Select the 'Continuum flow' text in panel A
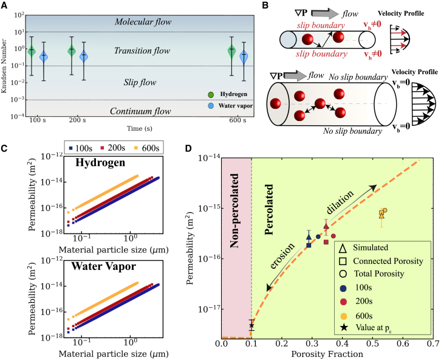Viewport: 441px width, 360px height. click(x=143, y=111)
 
